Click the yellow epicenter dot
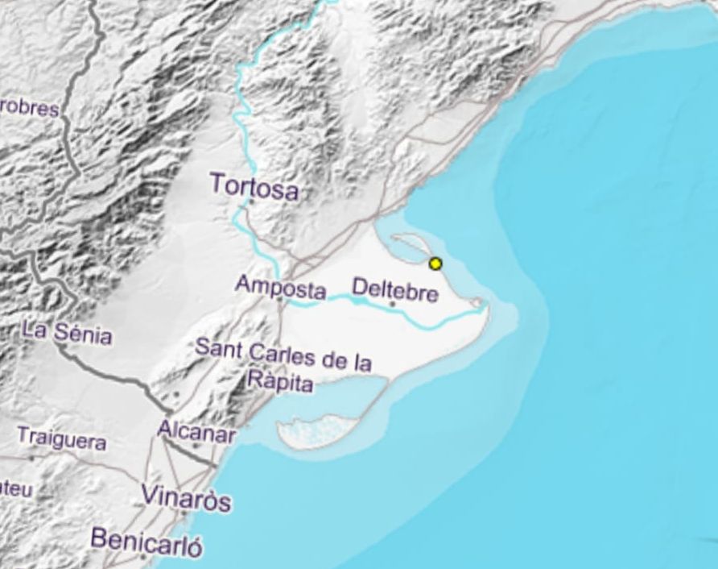click(x=435, y=264)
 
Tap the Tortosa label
click(x=254, y=185)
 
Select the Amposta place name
click(x=281, y=287)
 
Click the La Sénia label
click(x=67, y=331)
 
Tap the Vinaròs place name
click(x=186, y=497)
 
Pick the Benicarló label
click(x=146, y=539)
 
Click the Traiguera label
click(x=61, y=441)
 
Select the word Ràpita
click(x=279, y=382)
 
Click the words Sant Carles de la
click(x=284, y=355)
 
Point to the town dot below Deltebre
click(x=393, y=305)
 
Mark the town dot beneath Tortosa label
click(x=251, y=202)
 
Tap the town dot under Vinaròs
click(x=184, y=513)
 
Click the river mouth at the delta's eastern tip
click(x=480, y=303)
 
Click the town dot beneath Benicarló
click(x=143, y=555)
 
